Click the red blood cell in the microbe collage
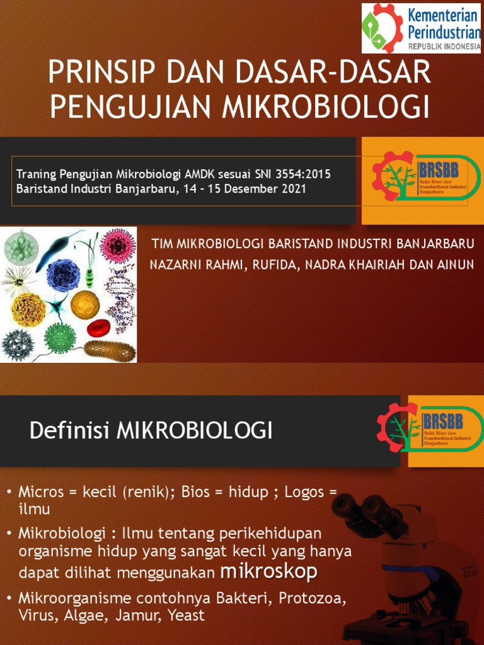click(98, 328)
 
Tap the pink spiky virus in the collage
click(118, 245)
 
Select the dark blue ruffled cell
click(64, 275)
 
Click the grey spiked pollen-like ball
click(17, 343)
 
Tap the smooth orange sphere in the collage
click(85, 304)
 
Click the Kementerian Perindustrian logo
click(421, 28)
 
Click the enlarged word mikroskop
click(269, 572)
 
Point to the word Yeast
click(187, 615)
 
